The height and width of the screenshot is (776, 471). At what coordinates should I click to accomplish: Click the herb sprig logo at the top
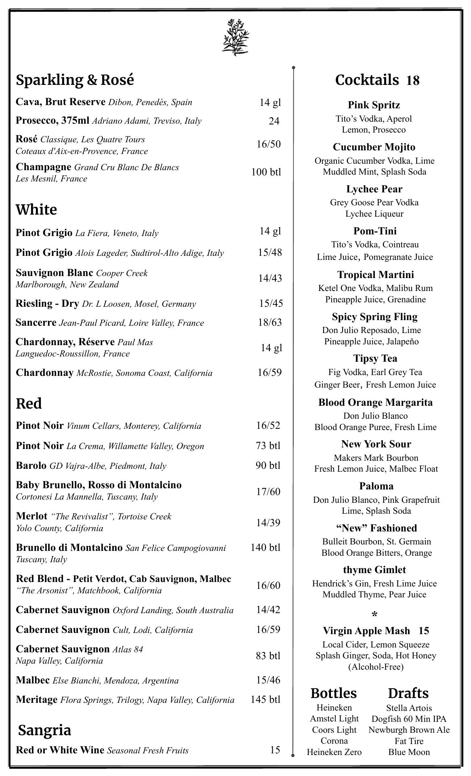[235, 37]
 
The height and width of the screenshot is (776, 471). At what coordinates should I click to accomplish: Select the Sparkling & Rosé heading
[75, 80]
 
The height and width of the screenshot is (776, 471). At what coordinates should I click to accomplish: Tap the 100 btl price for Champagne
[266, 172]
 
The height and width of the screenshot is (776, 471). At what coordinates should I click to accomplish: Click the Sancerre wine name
[36, 323]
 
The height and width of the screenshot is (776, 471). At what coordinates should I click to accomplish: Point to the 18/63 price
[270, 322]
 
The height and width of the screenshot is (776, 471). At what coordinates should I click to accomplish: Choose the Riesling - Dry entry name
[47, 304]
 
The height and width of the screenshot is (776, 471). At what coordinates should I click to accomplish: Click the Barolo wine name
[31, 466]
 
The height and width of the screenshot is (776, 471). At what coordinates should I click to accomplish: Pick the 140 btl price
[265, 547]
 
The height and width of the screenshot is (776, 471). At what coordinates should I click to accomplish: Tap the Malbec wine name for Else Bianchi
[33, 680]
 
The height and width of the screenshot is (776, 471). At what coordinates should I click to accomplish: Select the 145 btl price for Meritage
[265, 699]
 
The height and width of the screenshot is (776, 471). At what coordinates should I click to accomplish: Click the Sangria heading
[44, 730]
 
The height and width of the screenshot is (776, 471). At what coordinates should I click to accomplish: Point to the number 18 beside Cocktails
[413, 80]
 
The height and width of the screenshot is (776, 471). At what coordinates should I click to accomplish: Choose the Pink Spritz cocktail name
[374, 105]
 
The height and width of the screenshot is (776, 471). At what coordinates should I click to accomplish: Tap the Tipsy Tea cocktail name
[375, 358]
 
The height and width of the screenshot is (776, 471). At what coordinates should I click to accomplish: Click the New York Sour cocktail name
[376, 444]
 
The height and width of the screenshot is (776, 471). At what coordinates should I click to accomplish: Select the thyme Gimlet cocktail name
[374, 570]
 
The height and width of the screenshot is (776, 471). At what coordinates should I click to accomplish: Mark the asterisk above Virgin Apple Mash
[374, 615]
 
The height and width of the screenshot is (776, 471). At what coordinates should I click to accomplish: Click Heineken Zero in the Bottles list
[334, 752]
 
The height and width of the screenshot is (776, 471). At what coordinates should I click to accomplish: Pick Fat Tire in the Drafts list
[409, 741]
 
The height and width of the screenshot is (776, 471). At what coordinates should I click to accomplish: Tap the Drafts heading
[408, 694]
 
